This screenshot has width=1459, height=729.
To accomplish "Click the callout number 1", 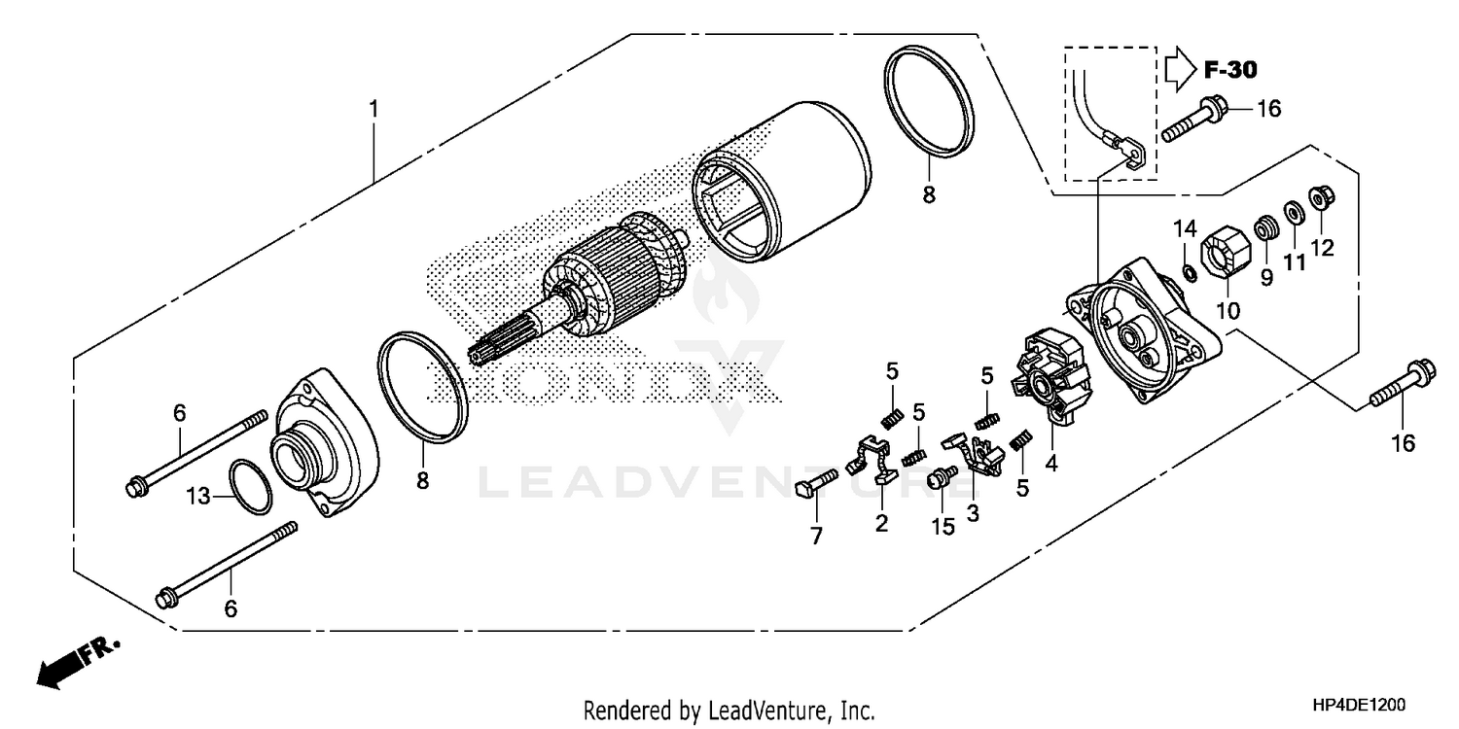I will click(373, 109).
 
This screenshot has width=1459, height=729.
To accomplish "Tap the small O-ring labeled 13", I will click(250, 485).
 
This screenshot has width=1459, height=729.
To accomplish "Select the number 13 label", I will click(198, 497).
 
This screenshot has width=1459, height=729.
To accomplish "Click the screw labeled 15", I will click(942, 479).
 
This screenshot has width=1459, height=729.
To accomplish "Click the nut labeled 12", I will click(1321, 198).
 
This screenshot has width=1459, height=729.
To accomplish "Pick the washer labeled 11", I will click(1294, 211).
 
